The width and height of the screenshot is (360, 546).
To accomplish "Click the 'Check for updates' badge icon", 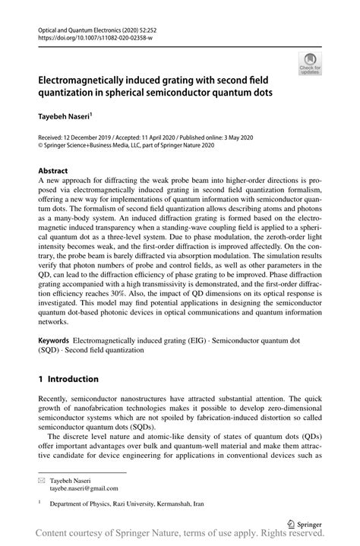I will point(308,63).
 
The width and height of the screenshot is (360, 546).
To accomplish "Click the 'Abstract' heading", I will point(53,172).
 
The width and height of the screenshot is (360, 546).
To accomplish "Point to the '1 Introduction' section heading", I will point(68,379).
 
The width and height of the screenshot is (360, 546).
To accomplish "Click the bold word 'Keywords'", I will point(53,341).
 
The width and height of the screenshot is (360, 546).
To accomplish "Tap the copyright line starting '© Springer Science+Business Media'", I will point(124,147).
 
